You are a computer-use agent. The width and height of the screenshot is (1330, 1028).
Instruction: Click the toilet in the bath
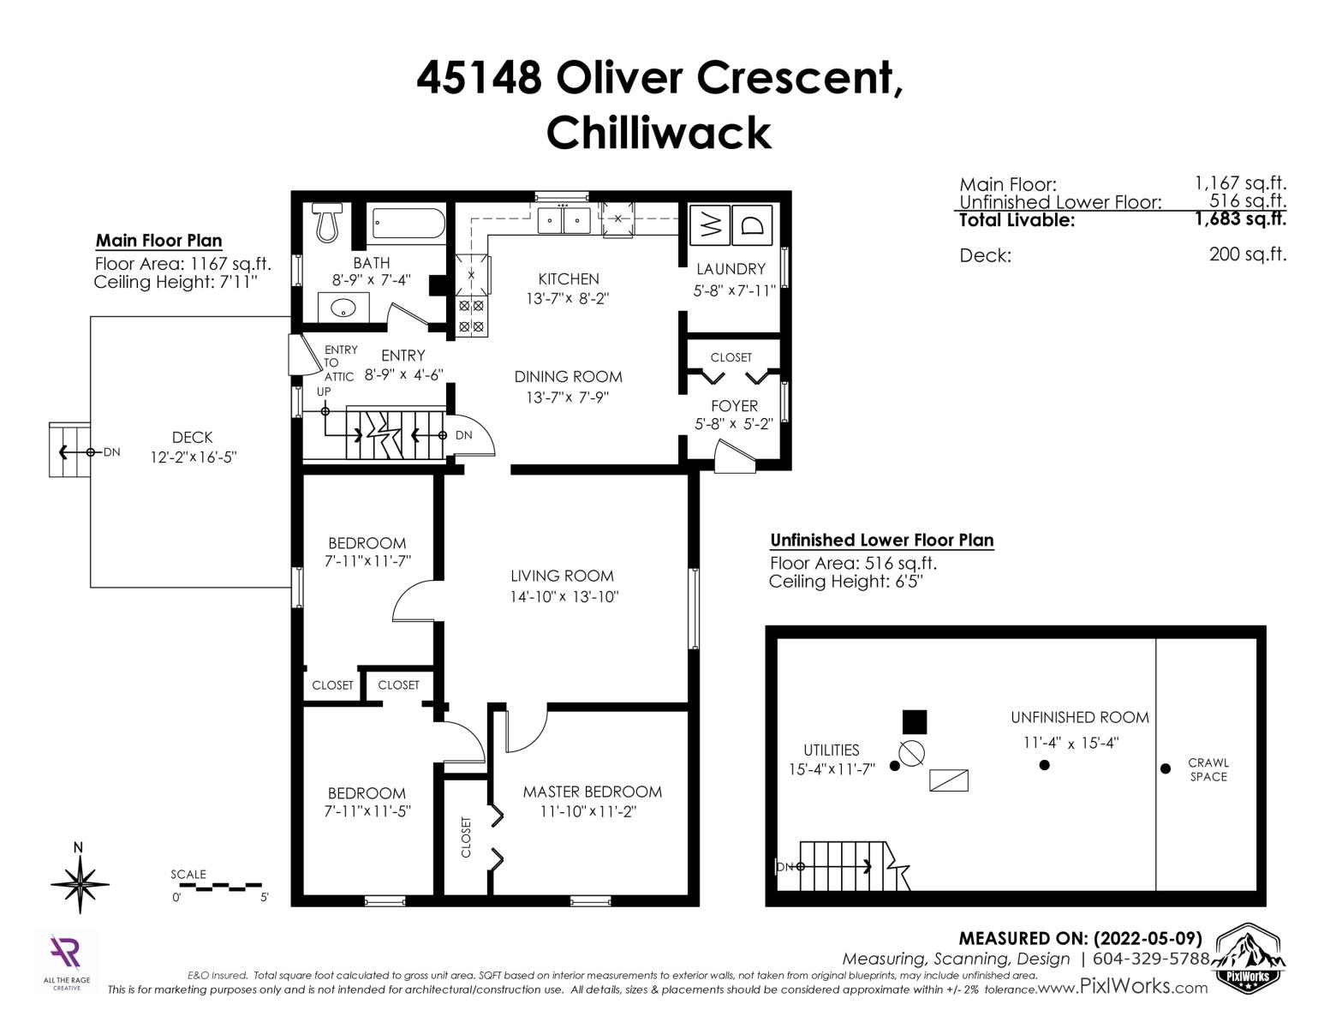click(x=327, y=222)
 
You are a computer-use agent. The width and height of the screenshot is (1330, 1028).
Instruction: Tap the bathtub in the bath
click(x=409, y=224)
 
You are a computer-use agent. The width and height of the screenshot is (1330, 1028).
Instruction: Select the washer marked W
click(x=709, y=226)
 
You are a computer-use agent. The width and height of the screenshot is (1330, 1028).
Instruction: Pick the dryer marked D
click(x=752, y=226)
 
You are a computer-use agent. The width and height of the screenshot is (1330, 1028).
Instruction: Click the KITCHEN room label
click(x=569, y=279)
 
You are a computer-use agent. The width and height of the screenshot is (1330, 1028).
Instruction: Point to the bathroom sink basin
click(x=343, y=308)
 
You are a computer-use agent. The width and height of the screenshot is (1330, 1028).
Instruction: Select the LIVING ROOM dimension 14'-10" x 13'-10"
click(x=564, y=596)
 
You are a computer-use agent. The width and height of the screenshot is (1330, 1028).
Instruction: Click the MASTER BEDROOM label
click(x=593, y=792)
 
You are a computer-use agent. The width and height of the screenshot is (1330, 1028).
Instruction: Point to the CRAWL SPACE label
click(x=1208, y=769)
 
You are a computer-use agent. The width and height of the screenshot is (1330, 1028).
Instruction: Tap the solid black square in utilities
click(x=915, y=722)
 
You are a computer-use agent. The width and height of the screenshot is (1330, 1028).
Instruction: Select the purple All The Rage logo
click(x=66, y=953)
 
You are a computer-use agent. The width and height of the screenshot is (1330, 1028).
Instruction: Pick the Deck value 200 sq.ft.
click(x=1248, y=254)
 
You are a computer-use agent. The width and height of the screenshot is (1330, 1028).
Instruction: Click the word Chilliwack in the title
click(x=659, y=133)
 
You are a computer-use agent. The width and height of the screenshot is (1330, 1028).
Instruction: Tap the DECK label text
click(x=192, y=437)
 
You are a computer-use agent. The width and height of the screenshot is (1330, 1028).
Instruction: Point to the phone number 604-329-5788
click(x=1151, y=959)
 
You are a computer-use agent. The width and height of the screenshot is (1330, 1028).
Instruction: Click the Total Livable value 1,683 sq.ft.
click(x=1241, y=218)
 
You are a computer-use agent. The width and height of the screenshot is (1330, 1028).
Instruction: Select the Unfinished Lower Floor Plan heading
click(x=882, y=540)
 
